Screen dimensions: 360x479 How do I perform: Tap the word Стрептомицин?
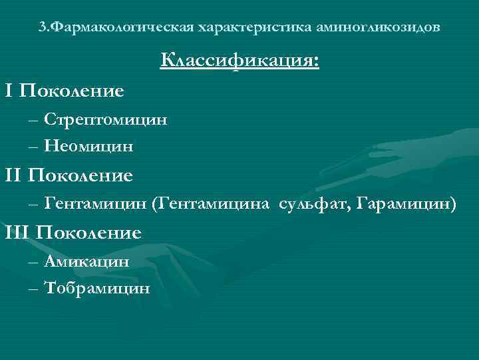click(x=106, y=120)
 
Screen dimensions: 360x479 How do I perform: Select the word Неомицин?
click(x=89, y=146)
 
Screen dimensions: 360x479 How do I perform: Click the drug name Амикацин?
click(x=87, y=261)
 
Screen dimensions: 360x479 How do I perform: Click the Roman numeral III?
click(x=17, y=233)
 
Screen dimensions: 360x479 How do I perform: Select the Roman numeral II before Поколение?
click(x=13, y=175)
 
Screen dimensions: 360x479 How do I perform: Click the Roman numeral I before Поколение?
click(x=9, y=90)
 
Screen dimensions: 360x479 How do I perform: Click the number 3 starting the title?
click(x=42, y=28)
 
